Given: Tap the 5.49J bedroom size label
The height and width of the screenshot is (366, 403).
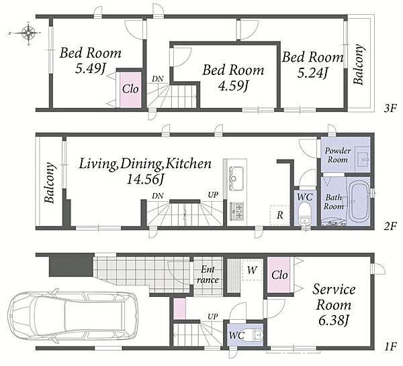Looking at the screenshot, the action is point(91,69).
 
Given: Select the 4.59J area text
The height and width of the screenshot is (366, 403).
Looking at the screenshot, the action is point(233,86).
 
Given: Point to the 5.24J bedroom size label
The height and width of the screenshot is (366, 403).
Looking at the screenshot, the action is point(312,73).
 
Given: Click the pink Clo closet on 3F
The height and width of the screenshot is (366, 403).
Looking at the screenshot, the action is point(130,90).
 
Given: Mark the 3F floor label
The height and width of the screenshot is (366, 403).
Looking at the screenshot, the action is point(390,109).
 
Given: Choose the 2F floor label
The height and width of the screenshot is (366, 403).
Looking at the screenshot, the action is point(390,226).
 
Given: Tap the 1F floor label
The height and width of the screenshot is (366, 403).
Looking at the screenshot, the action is point(391,347).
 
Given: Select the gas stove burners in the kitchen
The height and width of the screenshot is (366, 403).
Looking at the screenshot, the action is point(236,211).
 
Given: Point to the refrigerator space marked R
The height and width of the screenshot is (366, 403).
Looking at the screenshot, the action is point(279,215).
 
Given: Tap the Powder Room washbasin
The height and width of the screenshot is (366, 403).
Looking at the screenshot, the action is point(363,160).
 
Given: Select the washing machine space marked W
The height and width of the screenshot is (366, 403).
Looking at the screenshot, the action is point(252,270).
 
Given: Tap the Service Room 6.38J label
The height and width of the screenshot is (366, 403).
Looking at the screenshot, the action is point(334,305).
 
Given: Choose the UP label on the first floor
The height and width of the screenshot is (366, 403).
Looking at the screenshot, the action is point(212,317).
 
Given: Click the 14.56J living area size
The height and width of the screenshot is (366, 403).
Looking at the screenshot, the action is point(145,179).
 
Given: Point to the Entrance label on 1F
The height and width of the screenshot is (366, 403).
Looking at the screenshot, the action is point(208,274).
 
